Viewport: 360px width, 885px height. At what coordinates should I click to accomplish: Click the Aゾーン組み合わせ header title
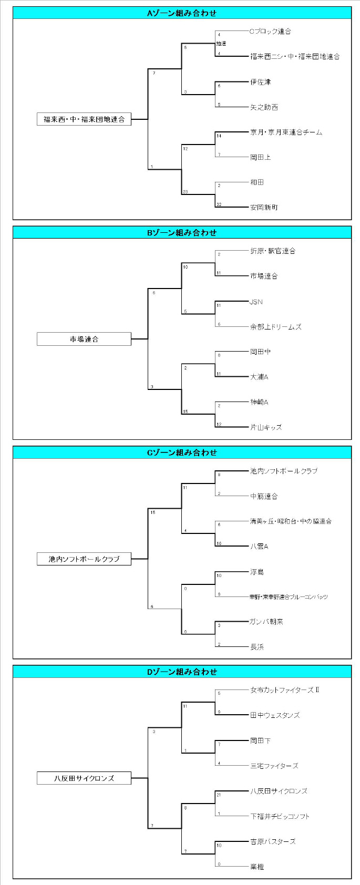click(x=182, y=13)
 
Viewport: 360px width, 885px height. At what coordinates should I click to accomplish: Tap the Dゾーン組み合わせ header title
click(x=182, y=672)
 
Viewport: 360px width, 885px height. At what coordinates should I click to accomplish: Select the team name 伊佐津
click(x=260, y=82)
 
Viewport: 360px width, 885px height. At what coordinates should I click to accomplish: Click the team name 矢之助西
click(x=264, y=107)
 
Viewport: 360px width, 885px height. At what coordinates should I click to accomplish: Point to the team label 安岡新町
click(x=264, y=208)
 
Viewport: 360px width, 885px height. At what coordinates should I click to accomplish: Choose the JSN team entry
click(x=256, y=302)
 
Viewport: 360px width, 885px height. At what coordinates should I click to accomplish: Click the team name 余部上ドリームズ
click(x=276, y=327)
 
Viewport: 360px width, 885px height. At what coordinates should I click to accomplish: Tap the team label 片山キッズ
click(x=266, y=427)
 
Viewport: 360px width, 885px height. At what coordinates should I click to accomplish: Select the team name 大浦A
click(x=259, y=377)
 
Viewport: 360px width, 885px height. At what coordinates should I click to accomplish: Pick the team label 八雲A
click(x=259, y=547)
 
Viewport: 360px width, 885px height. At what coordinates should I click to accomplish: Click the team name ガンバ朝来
click(x=266, y=622)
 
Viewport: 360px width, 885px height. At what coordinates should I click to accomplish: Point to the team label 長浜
click(x=257, y=647)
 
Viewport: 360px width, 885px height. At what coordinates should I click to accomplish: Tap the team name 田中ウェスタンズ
click(x=275, y=715)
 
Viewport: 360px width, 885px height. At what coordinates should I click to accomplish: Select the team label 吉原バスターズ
click(x=273, y=841)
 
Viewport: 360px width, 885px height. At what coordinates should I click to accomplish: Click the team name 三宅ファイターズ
click(x=274, y=766)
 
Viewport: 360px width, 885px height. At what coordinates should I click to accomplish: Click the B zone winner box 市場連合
click(x=84, y=339)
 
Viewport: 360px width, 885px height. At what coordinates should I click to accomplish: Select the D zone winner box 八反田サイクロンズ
click(x=84, y=778)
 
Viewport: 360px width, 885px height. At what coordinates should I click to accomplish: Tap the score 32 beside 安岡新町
click(x=219, y=204)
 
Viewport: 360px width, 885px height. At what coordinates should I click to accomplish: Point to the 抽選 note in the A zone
click(x=221, y=44)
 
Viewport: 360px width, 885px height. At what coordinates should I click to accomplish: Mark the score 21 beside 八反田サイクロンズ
click(x=219, y=795)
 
